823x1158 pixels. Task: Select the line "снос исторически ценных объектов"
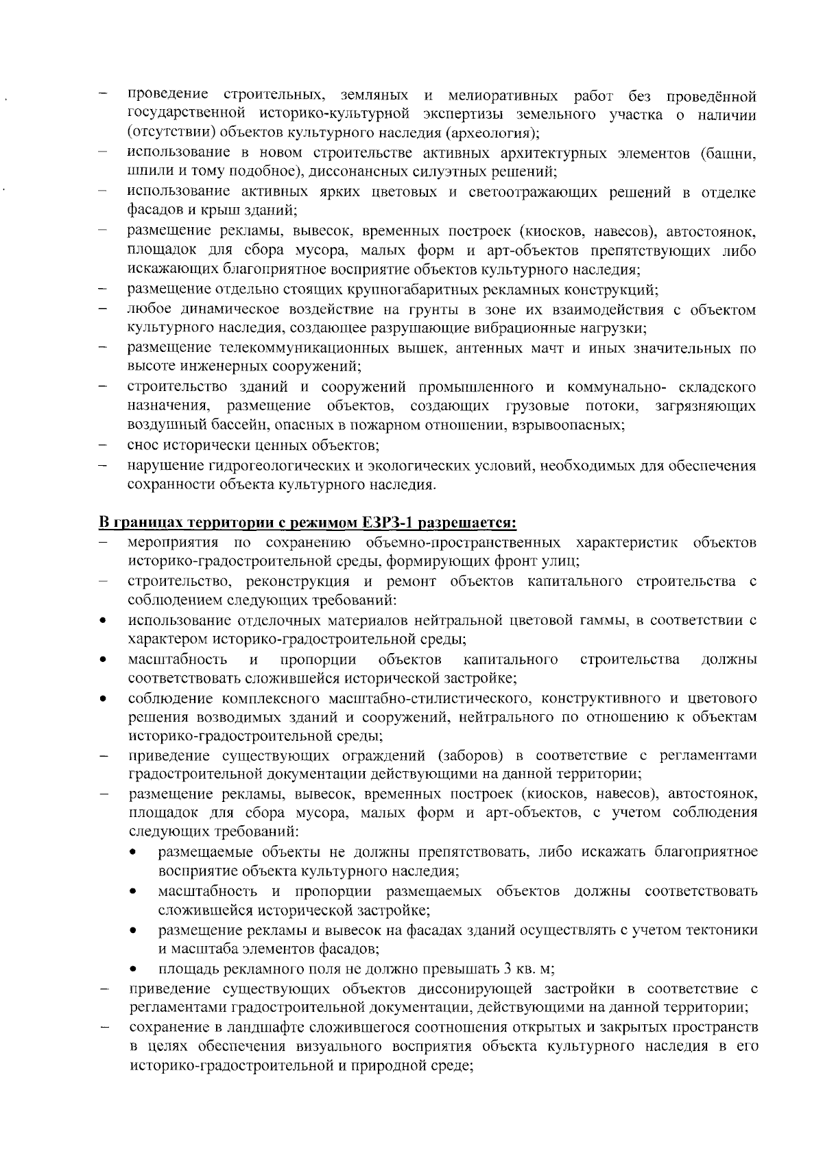click(252, 445)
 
